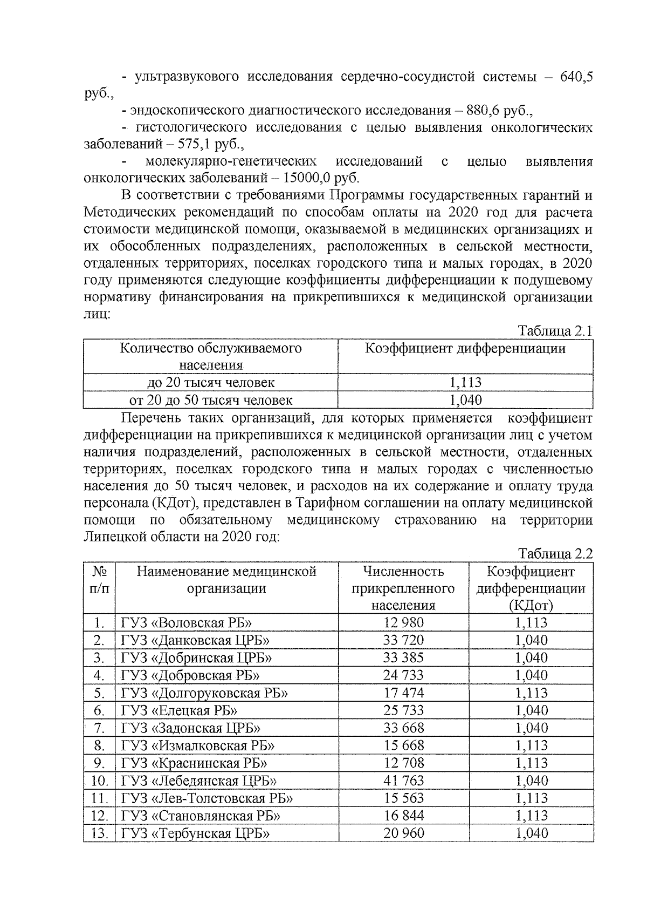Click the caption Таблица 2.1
(555, 331)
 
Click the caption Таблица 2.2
(555, 554)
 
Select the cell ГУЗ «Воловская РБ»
(187, 623)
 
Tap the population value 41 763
(403, 781)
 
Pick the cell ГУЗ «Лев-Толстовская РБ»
(207, 798)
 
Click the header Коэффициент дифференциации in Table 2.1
(465, 349)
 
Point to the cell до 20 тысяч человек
(211, 383)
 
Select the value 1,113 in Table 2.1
(465, 383)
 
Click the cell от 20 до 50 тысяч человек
(211, 401)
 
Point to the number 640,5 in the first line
(576, 77)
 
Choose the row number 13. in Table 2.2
(99, 833)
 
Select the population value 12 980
(403, 623)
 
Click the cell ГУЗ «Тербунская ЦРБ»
(195, 833)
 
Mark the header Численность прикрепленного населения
(403, 588)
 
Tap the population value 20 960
(403, 833)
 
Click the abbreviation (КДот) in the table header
(531, 606)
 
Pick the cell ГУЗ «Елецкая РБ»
(179, 711)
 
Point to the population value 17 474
(403, 693)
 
